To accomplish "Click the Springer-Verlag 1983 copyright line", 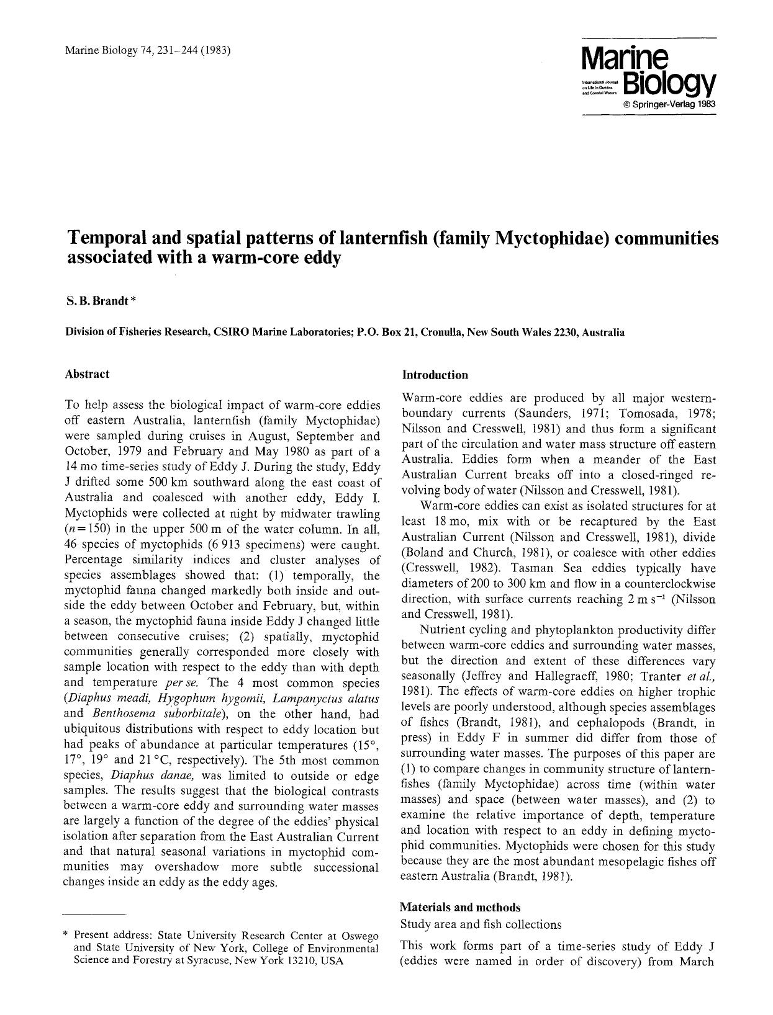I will tap(669, 104).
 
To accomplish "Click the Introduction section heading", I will tap(435, 375).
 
